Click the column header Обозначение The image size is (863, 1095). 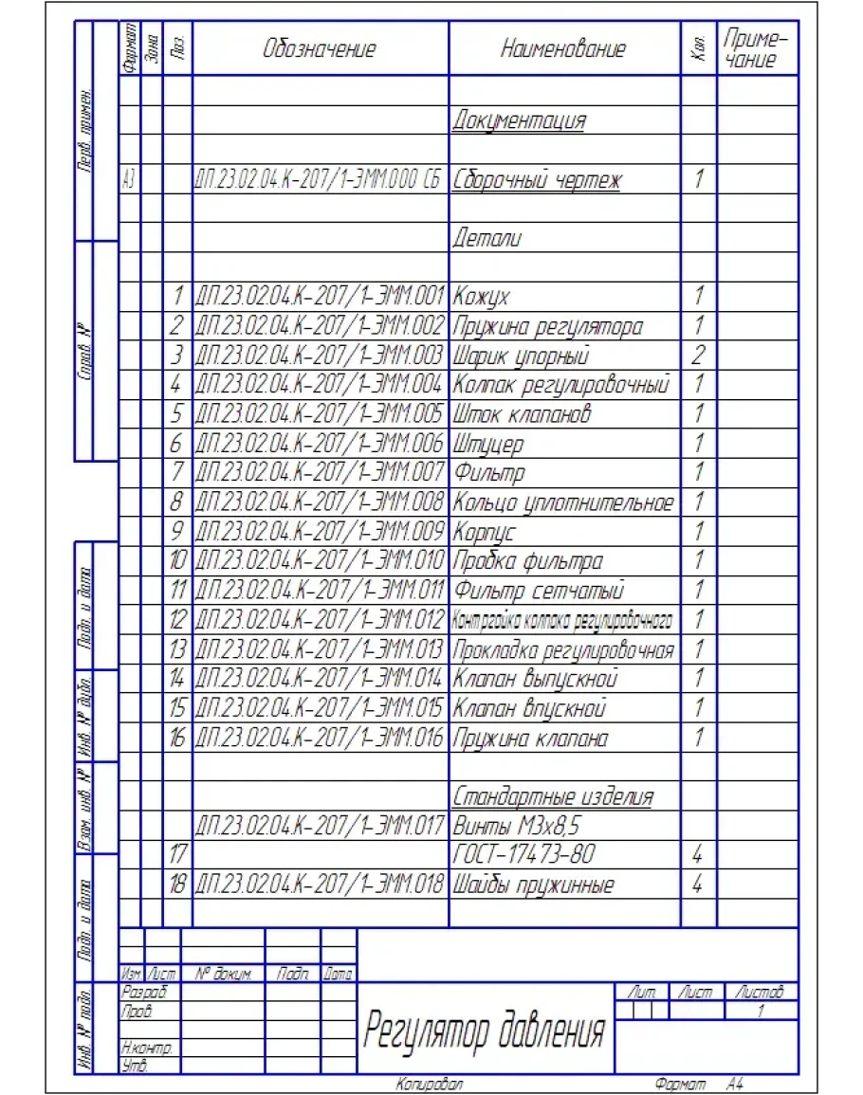(x=320, y=49)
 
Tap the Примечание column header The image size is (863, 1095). (x=756, y=49)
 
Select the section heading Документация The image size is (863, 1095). (x=519, y=121)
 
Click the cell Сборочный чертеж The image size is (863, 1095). (x=537, y=180)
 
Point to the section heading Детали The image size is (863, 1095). (x=487, y=239)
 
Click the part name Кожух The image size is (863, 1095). (x=482, y=298)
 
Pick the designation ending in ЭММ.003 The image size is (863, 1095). (x=320, y=356)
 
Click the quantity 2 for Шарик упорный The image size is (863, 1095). (x=698, y=356)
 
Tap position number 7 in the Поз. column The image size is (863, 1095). (x=176, y=472)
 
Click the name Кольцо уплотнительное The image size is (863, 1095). (x=563, y=502)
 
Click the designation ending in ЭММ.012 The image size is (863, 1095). (x=320, y=621)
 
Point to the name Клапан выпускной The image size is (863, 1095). (x=536, y=679)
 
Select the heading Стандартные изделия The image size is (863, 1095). (x=553, y=796)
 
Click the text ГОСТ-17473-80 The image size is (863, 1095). (x=524, y=855)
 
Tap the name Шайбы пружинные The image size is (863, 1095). (x=534, y=885)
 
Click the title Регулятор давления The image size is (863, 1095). (x=485, y=1031)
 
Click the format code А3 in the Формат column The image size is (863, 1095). (x=129, y=180)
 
